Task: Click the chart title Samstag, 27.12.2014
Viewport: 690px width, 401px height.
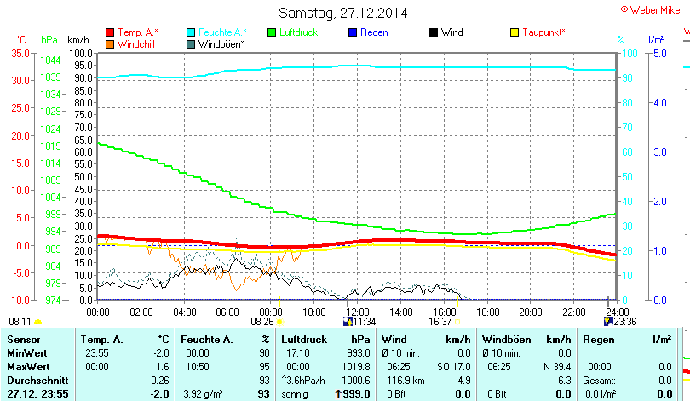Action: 343,13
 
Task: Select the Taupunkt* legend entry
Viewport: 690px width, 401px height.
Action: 543,32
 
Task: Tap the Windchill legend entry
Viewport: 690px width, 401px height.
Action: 137,43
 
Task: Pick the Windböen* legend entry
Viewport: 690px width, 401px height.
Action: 221,43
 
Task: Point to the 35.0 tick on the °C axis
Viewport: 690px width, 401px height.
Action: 19,53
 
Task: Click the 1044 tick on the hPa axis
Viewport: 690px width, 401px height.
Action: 50,60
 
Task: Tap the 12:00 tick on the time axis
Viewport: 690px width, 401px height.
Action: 358,312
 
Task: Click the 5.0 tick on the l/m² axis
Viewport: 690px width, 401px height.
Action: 658,53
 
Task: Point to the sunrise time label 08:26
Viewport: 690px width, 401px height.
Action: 262,322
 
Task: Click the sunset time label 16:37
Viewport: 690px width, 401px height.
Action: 440,322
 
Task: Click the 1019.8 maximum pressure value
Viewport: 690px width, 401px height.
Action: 356,365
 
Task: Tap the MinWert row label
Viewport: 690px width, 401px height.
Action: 26,352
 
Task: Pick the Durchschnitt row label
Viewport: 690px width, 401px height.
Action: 36,379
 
